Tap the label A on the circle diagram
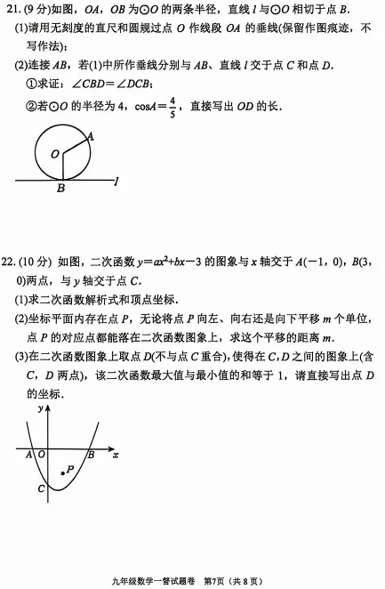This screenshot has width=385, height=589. [x=91, y=136]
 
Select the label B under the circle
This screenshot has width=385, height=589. [x=60, y=189]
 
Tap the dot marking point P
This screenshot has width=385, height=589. [x=61, y=472]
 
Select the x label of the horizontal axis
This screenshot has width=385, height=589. [x=116, y=455]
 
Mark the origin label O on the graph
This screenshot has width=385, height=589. [x=41, y=455]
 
